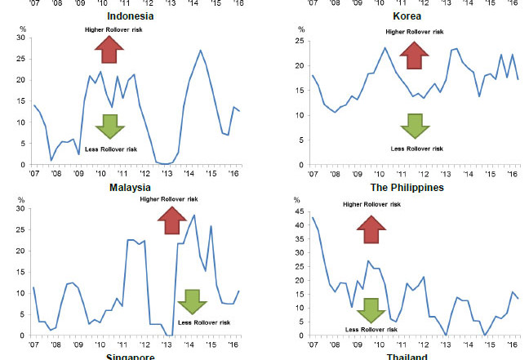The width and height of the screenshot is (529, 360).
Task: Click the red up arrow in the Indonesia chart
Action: click(x=109, y=50)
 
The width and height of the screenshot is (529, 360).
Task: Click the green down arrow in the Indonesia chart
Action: click(x=109, y=126)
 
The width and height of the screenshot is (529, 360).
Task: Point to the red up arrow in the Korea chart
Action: click(x=416, y=55)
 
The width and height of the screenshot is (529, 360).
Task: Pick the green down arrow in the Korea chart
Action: click(x=416, y=126)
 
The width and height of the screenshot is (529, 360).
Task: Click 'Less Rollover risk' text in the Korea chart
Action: click(x=416, y=149)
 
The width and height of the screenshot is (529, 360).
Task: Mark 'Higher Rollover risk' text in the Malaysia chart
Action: click(x=170, y=198)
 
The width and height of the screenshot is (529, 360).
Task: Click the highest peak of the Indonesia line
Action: click(x=200, y=51)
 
